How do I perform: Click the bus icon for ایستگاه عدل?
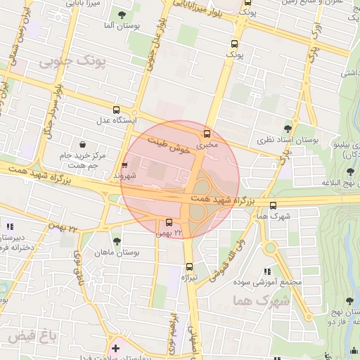pos(117,109)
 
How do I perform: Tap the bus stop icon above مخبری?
pos(207,134)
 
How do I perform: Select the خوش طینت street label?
pos(170,145)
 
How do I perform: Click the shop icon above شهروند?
pos(125,165)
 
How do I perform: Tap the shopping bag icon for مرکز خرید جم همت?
pos(83,144)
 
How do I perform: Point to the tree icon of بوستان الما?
pos(123,15)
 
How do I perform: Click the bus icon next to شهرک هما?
pos(274,205)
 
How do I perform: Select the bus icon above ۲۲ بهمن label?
pos(159,223)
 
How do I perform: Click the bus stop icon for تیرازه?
pos(189,266)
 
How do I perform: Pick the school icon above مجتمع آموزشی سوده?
pos(266,271)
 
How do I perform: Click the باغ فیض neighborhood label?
pos(32,337)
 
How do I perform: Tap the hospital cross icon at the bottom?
pos(115,348)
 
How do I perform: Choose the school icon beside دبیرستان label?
pos(9,226)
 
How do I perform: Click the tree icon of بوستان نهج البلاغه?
pos(350,171)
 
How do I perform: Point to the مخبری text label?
pos(203,145)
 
